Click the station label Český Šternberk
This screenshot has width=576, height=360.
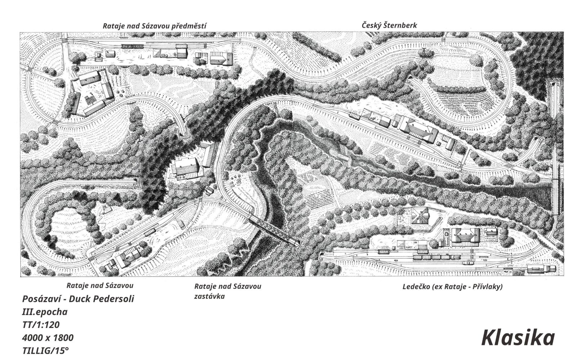389,26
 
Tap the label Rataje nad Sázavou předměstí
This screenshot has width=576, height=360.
154,26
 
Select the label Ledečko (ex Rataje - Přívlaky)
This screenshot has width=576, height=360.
452,287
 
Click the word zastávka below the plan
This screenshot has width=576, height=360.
209,296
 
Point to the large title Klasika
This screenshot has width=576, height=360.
518,338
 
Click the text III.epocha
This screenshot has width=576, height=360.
45,312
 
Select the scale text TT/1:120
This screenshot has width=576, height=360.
41,325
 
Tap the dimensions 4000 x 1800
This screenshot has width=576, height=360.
48,338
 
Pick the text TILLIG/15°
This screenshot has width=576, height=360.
45,351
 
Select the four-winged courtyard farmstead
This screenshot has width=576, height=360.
93,93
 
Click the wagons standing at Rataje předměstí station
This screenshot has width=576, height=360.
132,46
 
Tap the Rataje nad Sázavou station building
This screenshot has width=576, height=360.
129,256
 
